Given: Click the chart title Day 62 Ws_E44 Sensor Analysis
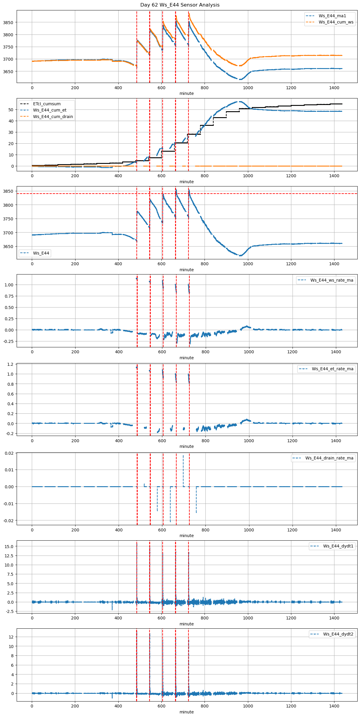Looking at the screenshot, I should [x=180, y=5].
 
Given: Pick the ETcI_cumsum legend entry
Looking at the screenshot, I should [x=47, y=104].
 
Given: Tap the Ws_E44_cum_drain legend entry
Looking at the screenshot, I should [x=53, y=117].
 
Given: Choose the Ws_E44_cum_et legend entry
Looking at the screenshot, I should [x=50, y=110].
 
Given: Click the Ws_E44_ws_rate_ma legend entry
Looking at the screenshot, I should [x=332, y=280].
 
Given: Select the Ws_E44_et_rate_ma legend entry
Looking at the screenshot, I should [x=332, y=369].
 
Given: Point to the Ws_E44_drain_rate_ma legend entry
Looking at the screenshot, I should [x=329, y=458].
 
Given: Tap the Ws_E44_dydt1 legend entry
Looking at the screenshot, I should [x=338, y=546].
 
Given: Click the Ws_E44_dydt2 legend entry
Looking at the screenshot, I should [x=338, y=634].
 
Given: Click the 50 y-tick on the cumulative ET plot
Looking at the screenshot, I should [x=11, y=110].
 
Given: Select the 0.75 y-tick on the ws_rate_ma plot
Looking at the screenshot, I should [x=9, y=296].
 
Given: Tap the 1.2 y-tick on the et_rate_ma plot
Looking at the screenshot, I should [x=10, y=364].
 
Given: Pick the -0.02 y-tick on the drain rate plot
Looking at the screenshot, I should [x=8, y=520].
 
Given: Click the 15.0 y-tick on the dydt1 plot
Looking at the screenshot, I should [x=9, y=547].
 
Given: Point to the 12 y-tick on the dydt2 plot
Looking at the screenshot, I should [x=11, y=637].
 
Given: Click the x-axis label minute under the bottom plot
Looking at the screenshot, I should [x=186, y=712].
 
